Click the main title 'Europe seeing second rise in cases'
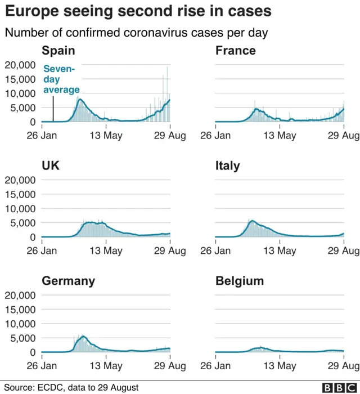point(138,11)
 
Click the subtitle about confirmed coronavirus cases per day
point(137,33)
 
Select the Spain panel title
point(58,51)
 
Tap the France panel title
point(236,51)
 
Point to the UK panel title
point(51,165)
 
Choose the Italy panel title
point(228,165)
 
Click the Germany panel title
point(68,281)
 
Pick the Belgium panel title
point(240,281)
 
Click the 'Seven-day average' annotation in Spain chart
point(61,79)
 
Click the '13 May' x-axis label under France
point(280,135)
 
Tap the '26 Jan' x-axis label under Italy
point(215,250)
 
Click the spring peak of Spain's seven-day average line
point(80,100)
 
